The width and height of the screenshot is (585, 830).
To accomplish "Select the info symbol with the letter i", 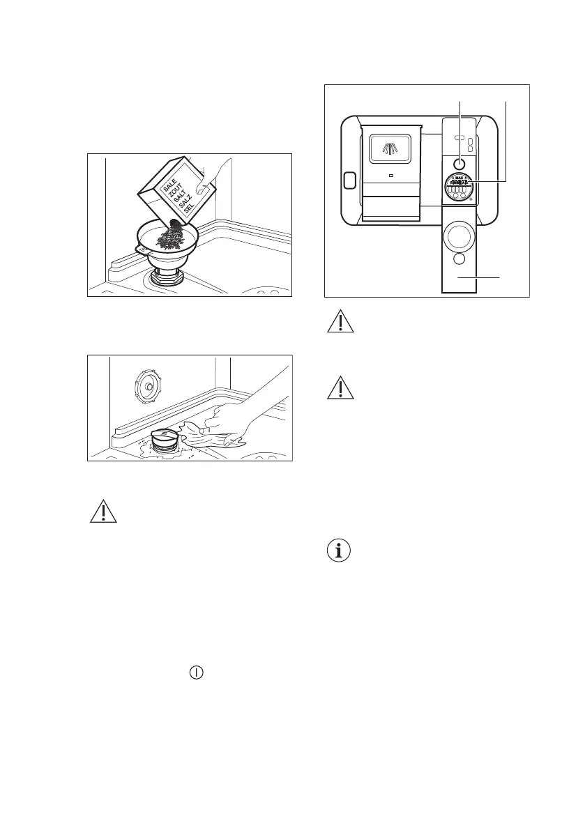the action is point(339,553).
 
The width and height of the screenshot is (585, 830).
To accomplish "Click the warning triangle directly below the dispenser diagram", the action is point(340,322).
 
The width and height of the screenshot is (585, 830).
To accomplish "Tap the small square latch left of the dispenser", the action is point(350,180).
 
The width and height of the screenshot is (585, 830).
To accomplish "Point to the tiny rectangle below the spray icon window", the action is point(390,176).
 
